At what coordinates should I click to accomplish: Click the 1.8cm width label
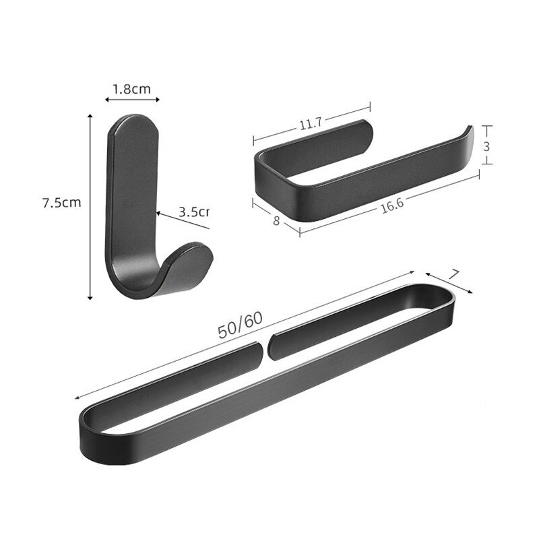click(x=132, y=88)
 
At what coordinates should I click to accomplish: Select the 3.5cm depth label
click(x=193, y=212)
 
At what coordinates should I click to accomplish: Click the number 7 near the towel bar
click(x=454, y=274)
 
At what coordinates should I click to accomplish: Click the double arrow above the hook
click(x=132, y=100)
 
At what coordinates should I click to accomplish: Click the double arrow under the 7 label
click(x=449, y=283)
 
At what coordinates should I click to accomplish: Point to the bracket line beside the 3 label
click(x=489, y=144)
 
